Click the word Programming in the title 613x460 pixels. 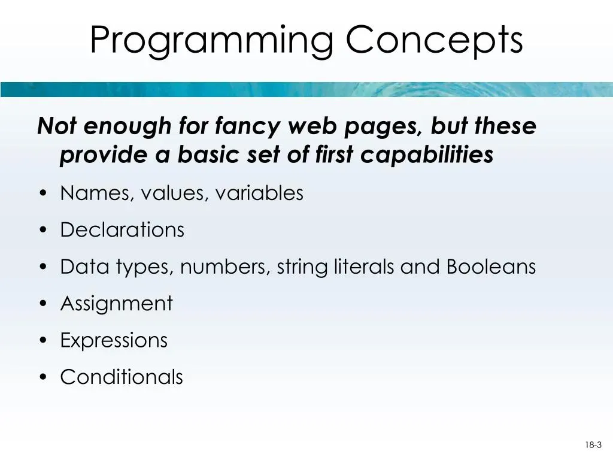(211, 41)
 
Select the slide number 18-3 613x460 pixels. (593, 445)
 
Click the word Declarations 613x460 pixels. (122, 229)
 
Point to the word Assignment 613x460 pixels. (117, 304)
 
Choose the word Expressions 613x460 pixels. (114, 340)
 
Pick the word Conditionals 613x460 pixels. (122, 377)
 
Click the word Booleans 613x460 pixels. (491, 267)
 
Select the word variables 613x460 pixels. (259, 193)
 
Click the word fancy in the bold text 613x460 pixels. (247, 127)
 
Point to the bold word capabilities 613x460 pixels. (426, 155)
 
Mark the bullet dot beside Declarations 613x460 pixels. (43, 230)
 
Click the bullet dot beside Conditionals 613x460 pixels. (43, 377)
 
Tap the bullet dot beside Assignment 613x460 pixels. (43, 304)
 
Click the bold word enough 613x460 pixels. (127, 127)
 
